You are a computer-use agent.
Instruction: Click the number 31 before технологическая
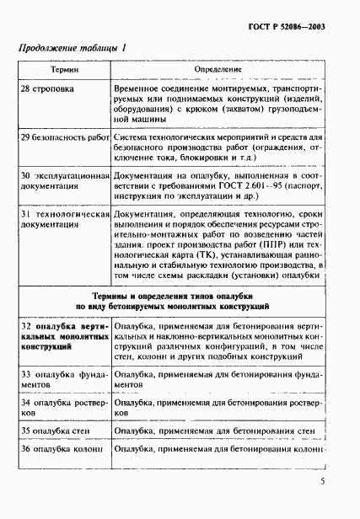26,214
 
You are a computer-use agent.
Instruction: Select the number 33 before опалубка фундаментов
26,372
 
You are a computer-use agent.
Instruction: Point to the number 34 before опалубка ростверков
26,403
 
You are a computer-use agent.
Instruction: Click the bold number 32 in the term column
26,324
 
